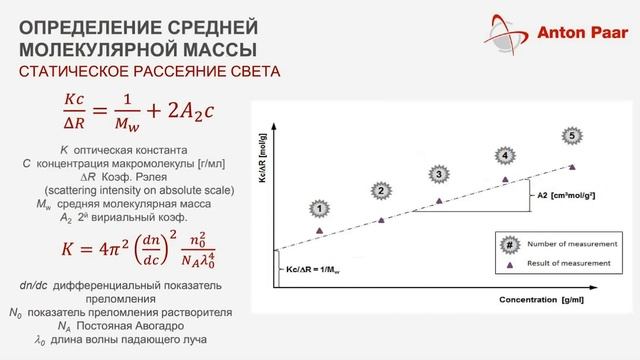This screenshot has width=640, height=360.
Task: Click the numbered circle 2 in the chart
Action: click(379, 189)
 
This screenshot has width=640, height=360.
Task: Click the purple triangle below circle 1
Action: click(319, 231)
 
